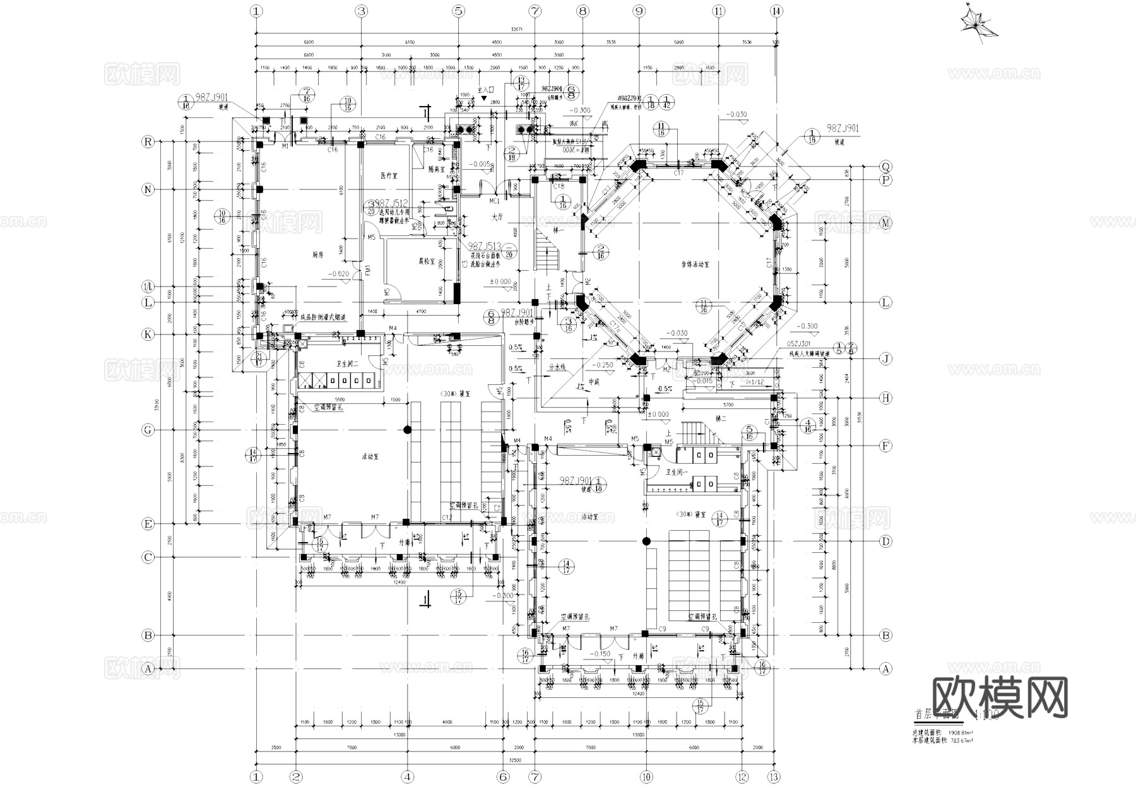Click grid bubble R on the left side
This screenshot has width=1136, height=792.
(x=148, y=142)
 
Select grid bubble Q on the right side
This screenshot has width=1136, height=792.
(x=885, y=167)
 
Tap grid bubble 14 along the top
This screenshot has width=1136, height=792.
(x=776, y=11)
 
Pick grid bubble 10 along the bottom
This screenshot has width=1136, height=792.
(x=646, y=777)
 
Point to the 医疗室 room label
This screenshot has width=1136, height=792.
(x=389, y=175)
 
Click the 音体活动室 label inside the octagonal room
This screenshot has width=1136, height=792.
(x=695, y=264)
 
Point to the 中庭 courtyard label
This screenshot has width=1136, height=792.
(x=594, y=381)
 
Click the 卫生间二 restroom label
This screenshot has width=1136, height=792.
(x=347, y=364)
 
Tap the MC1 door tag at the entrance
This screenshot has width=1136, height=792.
(x=495, y=201)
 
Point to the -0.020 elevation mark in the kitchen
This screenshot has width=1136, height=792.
(x=339, y=274)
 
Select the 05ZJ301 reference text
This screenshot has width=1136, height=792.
(x=799, y=344)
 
